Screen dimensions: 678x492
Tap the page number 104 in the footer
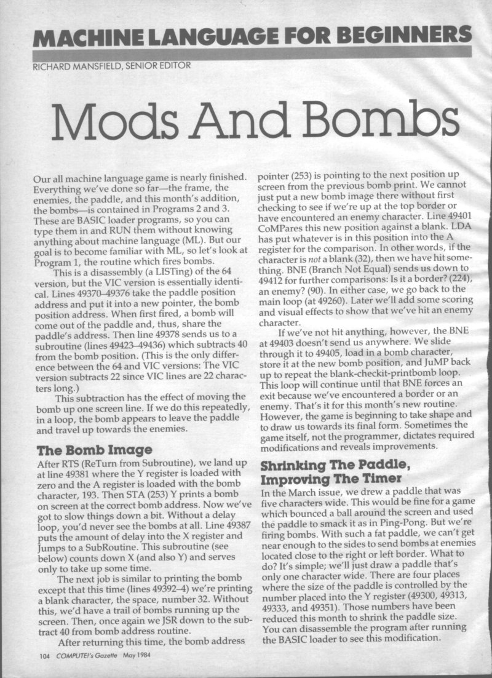point(42,655)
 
